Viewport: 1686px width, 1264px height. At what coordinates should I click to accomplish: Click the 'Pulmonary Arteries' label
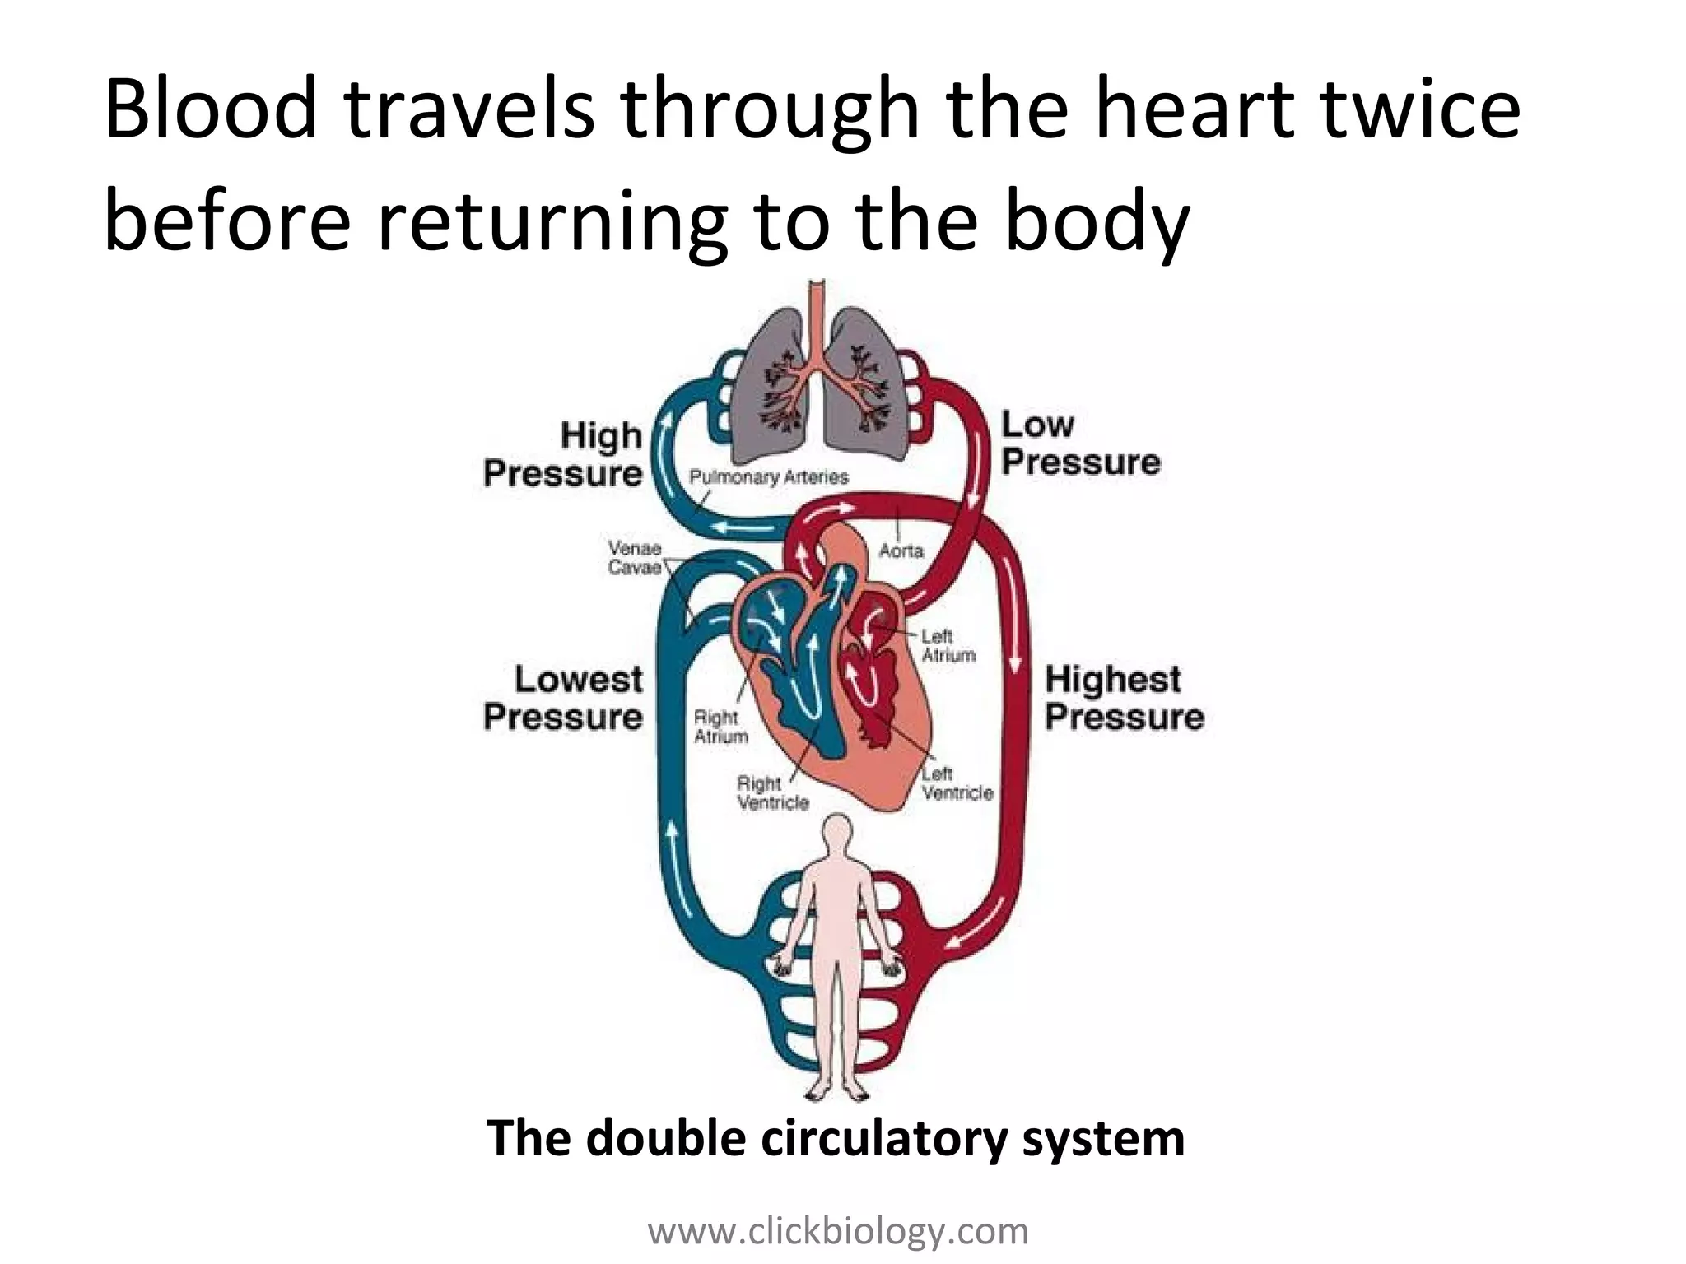coord(768,476)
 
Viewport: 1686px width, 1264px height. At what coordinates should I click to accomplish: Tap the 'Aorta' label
coord(901,551)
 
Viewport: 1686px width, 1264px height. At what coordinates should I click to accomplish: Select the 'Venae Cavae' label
coord(634,557)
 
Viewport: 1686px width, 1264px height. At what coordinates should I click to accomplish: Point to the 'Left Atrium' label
coord(948,646)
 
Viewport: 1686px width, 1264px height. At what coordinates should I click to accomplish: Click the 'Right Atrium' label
coord(721,727)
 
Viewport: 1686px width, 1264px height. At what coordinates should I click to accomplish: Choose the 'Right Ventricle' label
coord(773,792)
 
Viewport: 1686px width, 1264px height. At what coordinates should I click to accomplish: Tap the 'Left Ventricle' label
coord(957,783)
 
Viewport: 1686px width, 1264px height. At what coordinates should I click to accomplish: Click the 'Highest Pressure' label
coord(1124,698)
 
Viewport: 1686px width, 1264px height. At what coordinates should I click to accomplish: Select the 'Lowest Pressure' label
coord(564,698)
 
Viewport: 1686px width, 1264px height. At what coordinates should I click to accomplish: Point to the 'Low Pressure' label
coord(1080,444)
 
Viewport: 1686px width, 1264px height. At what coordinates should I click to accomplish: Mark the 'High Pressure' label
coord(564,454)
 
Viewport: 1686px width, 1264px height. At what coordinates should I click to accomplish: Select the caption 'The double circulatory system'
coord(836,1138)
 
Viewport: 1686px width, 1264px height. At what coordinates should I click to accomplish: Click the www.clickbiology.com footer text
coord(838,1232)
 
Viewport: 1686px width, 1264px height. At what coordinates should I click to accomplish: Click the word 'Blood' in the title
coord(211,111)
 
